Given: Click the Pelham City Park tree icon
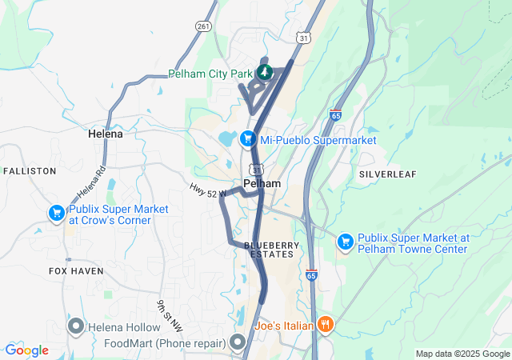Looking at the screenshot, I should click(x=265, y=73).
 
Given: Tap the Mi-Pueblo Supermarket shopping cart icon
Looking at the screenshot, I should click(x=248, y=139).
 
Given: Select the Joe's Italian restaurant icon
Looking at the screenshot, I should click(x=325, y=325).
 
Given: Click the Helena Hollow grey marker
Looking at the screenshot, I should click(x=77, y=326).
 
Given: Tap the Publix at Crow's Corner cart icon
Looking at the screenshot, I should click(x=56, y=214).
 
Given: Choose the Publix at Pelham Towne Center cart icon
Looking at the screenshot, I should click(x=345, y=241).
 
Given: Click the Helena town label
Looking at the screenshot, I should click(x=106, y=134).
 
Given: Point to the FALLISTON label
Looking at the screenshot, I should click(x=30, y=171).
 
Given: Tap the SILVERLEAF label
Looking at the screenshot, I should click(x=386, y=174).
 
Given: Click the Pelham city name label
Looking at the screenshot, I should click(x=262, y=184).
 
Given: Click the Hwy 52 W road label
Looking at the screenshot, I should click(x=208, y=190).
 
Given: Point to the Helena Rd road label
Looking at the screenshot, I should click(x=91, y=184).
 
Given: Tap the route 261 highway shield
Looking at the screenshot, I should click(x=202, y=26).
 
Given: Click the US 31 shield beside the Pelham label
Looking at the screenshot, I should click(x=254, y=170).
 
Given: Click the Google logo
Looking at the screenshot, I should click(x=26, y=350).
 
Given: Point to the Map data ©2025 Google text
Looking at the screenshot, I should click(x=462, y=354).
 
